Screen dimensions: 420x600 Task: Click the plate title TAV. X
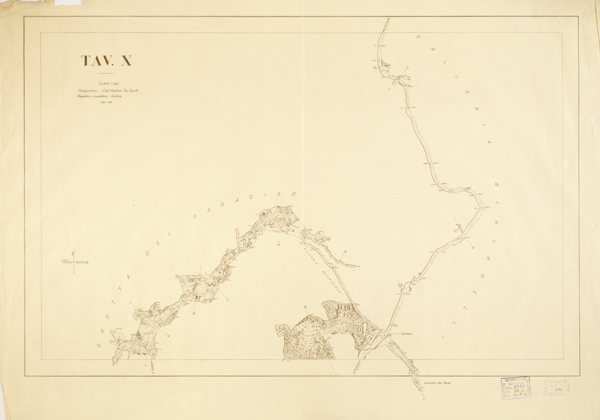pos(106,61)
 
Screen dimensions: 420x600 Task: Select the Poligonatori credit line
pos(110,90)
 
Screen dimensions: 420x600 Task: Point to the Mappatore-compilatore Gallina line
pos(99,96)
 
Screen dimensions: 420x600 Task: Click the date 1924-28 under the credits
pos(106,102)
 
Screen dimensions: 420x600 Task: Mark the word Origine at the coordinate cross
pos(67,263)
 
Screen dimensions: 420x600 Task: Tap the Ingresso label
pos(406,334)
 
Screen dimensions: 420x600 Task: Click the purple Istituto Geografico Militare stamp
pos(516,387)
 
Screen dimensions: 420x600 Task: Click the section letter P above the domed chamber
pos(305,308)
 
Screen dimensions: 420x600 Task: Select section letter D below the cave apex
pos(279,245)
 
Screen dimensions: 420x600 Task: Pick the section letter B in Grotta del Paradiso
pos(194,314)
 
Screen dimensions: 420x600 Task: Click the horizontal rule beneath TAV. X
pos(106,73)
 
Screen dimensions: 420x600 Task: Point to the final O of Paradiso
pos(293,194)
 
